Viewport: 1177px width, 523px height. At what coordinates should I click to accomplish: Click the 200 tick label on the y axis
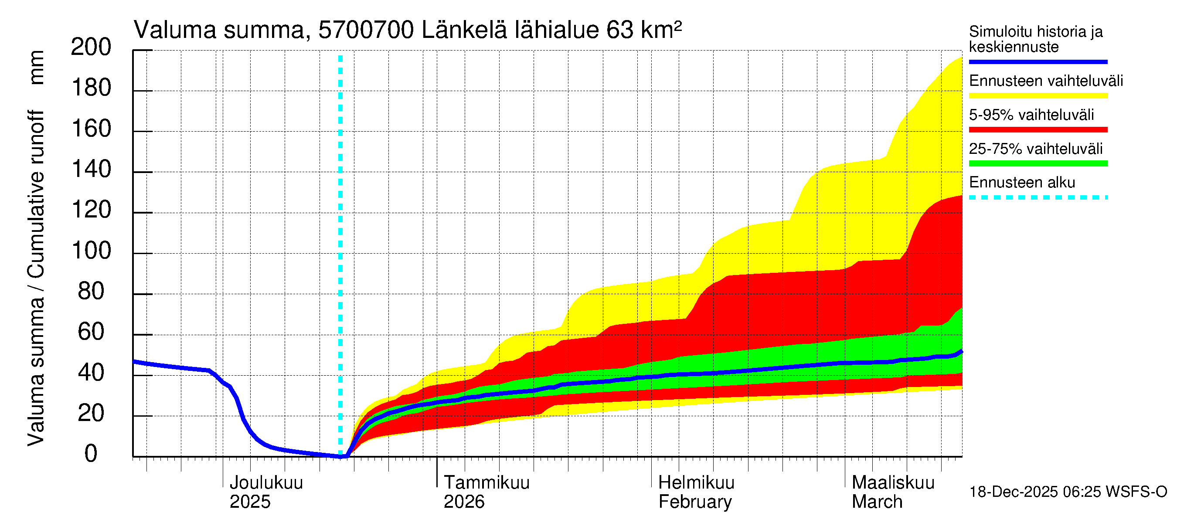(x=91, y=47)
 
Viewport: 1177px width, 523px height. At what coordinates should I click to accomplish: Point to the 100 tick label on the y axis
(x=91, y=251)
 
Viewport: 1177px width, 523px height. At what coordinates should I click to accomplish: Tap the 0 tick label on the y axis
(x=91, y=454)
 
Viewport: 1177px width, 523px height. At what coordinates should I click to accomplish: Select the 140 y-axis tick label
(x=91, y=170)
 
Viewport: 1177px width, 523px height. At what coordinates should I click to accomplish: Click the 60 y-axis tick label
(x=91, y=332)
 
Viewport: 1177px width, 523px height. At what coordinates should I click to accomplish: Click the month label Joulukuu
(x=266, y=482)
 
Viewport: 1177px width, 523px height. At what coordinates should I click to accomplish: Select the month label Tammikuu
(x=486, y=482)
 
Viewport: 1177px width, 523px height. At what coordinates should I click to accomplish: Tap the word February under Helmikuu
(x=694, y=502)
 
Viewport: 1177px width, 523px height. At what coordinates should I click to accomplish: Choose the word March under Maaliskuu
(x=877, y=502)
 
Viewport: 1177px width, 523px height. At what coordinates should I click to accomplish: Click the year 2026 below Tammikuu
(x=464, y=502)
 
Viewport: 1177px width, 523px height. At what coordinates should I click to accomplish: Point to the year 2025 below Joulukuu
(x=249, y=502)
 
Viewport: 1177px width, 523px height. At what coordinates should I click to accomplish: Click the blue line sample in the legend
(x=1038, y=61)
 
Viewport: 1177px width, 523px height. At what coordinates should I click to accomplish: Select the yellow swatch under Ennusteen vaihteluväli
(x=1038, y=96)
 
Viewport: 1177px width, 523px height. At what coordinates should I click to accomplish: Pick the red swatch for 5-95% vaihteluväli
(x=1038, y=130)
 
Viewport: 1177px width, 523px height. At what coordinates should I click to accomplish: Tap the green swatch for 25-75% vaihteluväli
(x=1038, y=163)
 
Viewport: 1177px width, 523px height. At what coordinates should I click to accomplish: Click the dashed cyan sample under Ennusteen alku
(x=1038, y=198)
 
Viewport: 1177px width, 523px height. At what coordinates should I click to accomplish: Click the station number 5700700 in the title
(x=366, y=30)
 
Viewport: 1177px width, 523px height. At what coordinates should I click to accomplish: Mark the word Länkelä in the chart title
(x=464, y=30)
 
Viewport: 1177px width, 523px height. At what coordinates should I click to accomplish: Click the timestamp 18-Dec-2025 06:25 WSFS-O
(x=1068, y=492)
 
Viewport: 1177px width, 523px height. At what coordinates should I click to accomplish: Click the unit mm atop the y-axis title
(x=36, y=67)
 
